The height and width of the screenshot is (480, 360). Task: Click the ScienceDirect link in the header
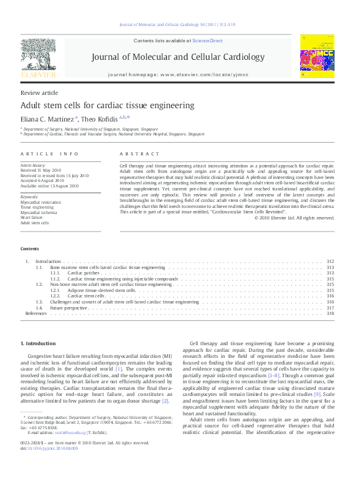(208, 41)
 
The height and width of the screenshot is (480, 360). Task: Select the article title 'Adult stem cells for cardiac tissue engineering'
(108, 105)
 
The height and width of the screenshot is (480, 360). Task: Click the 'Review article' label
(39, 92)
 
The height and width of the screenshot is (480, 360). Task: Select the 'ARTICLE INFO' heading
(50, 154)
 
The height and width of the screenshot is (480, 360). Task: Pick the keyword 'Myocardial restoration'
(41, 203)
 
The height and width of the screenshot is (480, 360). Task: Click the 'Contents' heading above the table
(30, 249)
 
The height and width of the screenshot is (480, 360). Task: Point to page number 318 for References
(330, 314)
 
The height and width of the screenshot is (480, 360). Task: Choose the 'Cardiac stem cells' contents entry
(83, 296)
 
